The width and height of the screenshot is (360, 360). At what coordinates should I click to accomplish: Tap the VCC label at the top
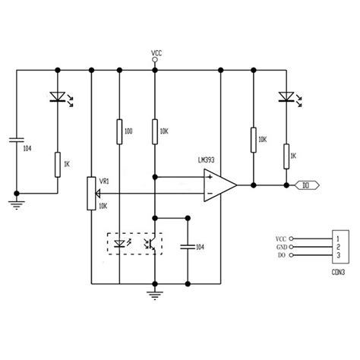(x=156, y=53)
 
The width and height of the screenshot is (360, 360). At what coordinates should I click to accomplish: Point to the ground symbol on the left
(x=16, y=201)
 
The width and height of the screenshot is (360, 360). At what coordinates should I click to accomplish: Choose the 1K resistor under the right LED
(x=286, y=156)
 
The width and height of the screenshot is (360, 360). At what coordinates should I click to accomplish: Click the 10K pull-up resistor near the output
(x=253, y=140)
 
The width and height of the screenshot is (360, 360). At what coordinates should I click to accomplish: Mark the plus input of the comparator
(x=207, y=177)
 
